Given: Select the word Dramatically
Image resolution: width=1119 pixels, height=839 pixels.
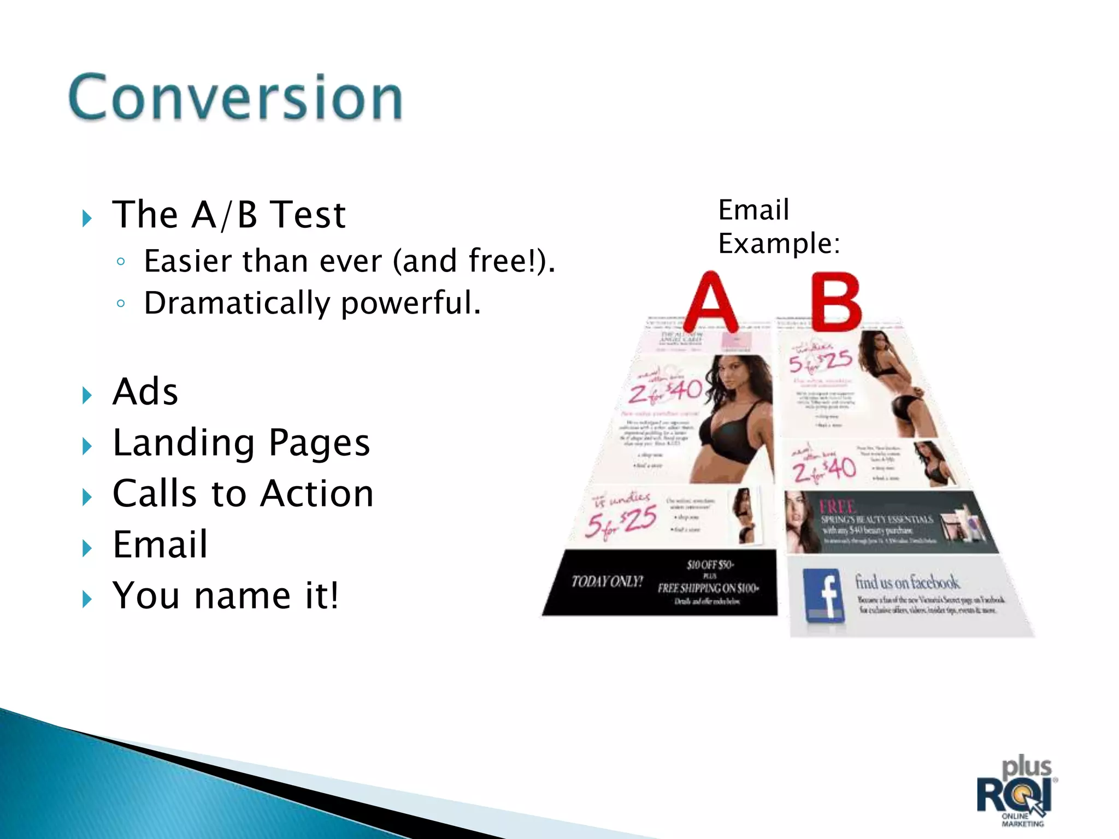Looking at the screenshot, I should tap(237, 303).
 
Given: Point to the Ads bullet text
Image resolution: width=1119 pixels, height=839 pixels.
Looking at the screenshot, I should tap(145, 392).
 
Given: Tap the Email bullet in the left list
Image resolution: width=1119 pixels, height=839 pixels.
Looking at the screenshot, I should tap(160, 545).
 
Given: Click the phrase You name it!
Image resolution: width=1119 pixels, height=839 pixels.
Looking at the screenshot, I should tap(225, 595).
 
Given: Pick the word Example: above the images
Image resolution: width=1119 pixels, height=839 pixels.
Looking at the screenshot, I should tap(778, 244).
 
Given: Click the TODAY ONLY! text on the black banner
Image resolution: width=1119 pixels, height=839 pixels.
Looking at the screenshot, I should tap(607, 581).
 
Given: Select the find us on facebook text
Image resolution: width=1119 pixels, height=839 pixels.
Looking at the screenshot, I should tap(907, 582).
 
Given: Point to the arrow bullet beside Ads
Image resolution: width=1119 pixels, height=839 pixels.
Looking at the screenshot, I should tap(87, 395).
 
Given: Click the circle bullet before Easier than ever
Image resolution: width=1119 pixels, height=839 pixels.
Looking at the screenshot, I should tap(121, 262).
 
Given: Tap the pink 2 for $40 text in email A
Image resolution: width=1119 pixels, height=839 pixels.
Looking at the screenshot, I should tap(665, 391).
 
